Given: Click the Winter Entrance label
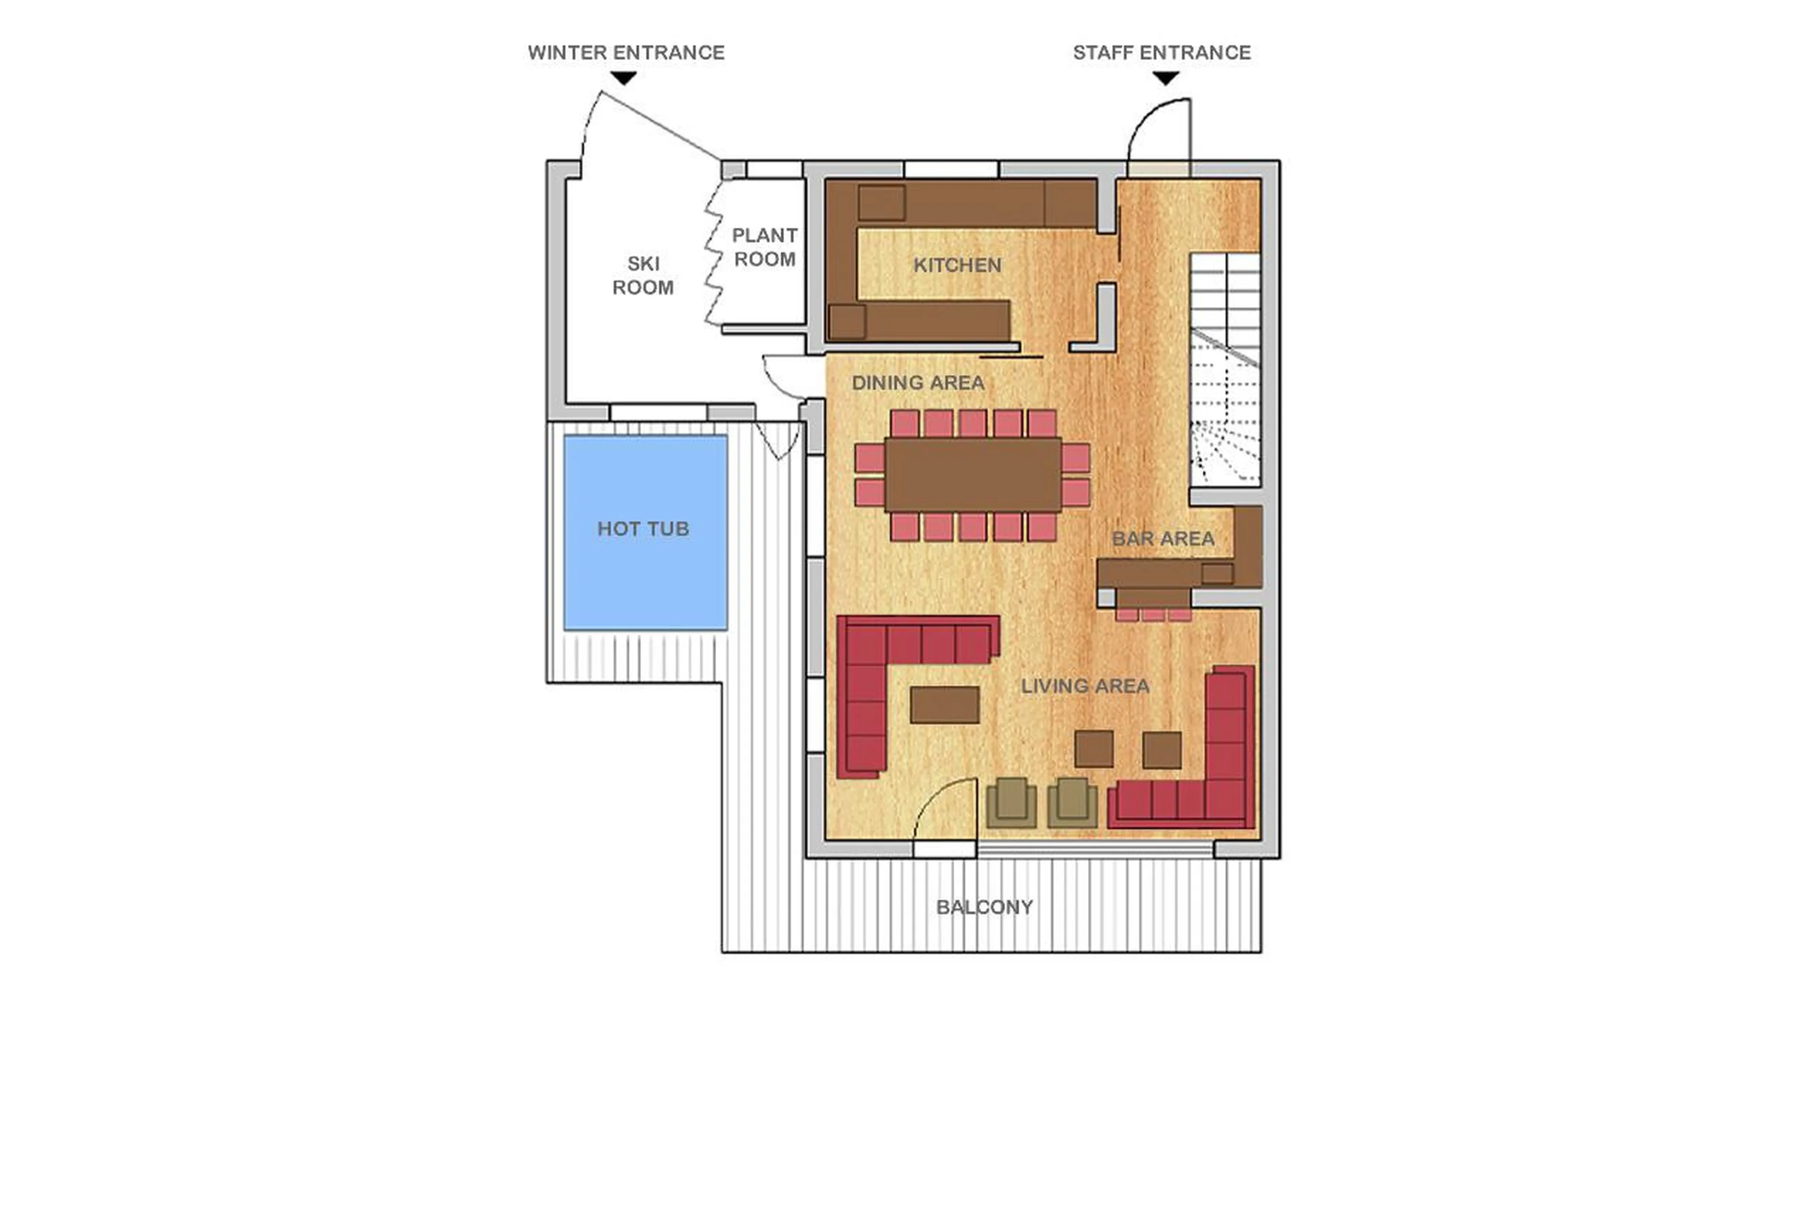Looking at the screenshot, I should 625,52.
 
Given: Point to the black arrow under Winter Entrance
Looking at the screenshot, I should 623,78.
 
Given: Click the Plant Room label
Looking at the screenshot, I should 764,247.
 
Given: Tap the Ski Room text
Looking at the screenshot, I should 643,275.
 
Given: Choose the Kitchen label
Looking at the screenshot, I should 957,265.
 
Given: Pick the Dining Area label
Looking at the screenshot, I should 917,382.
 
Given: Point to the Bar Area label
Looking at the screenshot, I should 1163,538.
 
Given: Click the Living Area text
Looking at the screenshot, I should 1085,686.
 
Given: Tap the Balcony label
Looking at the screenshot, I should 984,907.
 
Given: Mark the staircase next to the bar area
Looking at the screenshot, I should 1224,370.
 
